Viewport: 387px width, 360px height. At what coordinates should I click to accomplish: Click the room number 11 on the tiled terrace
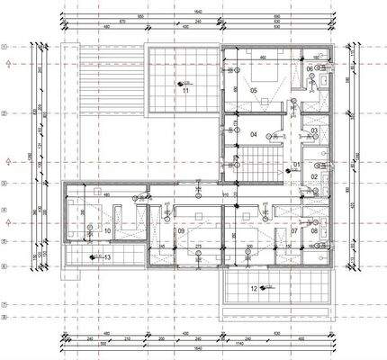point(184,91)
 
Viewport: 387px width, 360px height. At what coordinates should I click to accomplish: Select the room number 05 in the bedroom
point(254,91)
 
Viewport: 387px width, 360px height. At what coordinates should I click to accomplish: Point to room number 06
point(310,69)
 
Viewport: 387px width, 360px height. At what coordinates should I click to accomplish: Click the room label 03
point(314,131)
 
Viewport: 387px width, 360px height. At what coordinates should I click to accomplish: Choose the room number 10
point(107,231)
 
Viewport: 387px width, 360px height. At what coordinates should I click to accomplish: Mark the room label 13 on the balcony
point(108,257)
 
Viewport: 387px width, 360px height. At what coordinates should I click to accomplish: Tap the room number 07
point(294,230)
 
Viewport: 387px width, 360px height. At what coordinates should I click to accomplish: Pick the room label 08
point(314,230)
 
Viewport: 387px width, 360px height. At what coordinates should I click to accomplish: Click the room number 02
point(314,176)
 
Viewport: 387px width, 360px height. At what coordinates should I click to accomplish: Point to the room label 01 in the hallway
point(296,166)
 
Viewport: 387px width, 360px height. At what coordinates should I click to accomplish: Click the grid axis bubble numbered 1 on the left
point(4,46)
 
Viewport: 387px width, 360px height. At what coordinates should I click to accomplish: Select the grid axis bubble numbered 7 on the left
point(4,304)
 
